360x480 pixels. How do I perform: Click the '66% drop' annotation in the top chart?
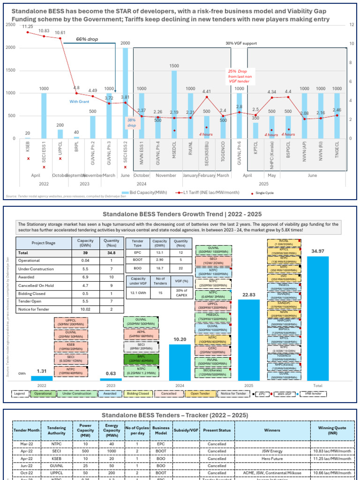(x=88, y=40)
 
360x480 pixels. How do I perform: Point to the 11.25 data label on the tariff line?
(x=27, y=27)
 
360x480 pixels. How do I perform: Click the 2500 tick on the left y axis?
(x=11, y=24)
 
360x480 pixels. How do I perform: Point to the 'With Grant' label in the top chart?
(x=79, y=101)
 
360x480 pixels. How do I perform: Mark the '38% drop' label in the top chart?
(x=131, y=122)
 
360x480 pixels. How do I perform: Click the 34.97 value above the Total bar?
(x=317, y=251)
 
